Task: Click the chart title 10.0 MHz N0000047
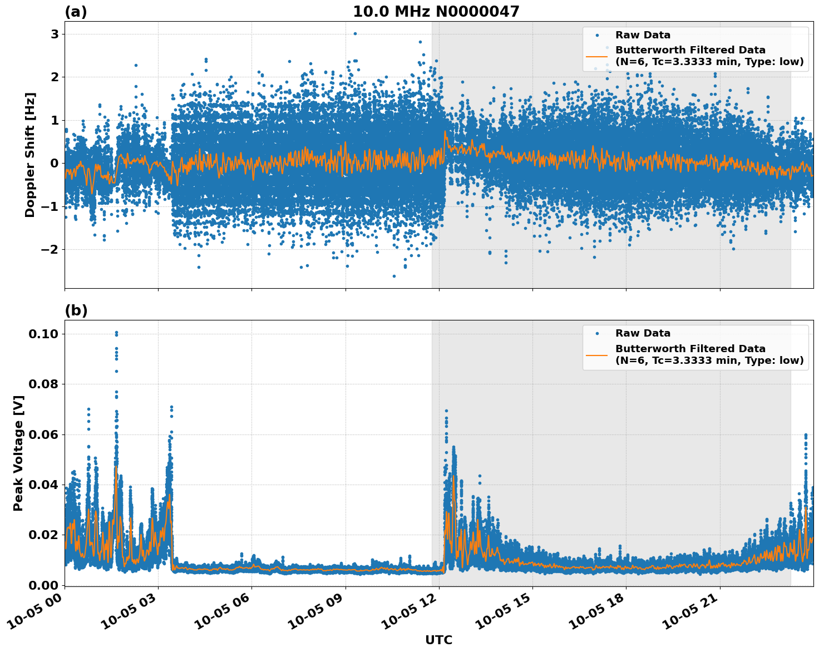coord(436,12)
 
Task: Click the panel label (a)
coord(76,12)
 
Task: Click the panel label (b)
coord(76,310)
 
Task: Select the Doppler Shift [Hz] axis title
coord(30,155)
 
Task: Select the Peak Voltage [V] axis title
coord(18,453)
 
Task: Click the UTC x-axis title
coord(438,640)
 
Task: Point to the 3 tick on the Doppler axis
coord(55,34)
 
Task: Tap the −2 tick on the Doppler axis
coord(50,249)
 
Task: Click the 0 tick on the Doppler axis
coord(55,163)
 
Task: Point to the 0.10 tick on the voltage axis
coord(43,334)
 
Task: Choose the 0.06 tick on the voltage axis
coord(43,434)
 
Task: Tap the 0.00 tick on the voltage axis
coord(43,585)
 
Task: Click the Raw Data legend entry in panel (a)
coord(643,35)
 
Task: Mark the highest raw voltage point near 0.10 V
coord(116,333)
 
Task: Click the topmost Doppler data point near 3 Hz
coord(355,33)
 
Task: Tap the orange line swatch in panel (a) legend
coord(596,56)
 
